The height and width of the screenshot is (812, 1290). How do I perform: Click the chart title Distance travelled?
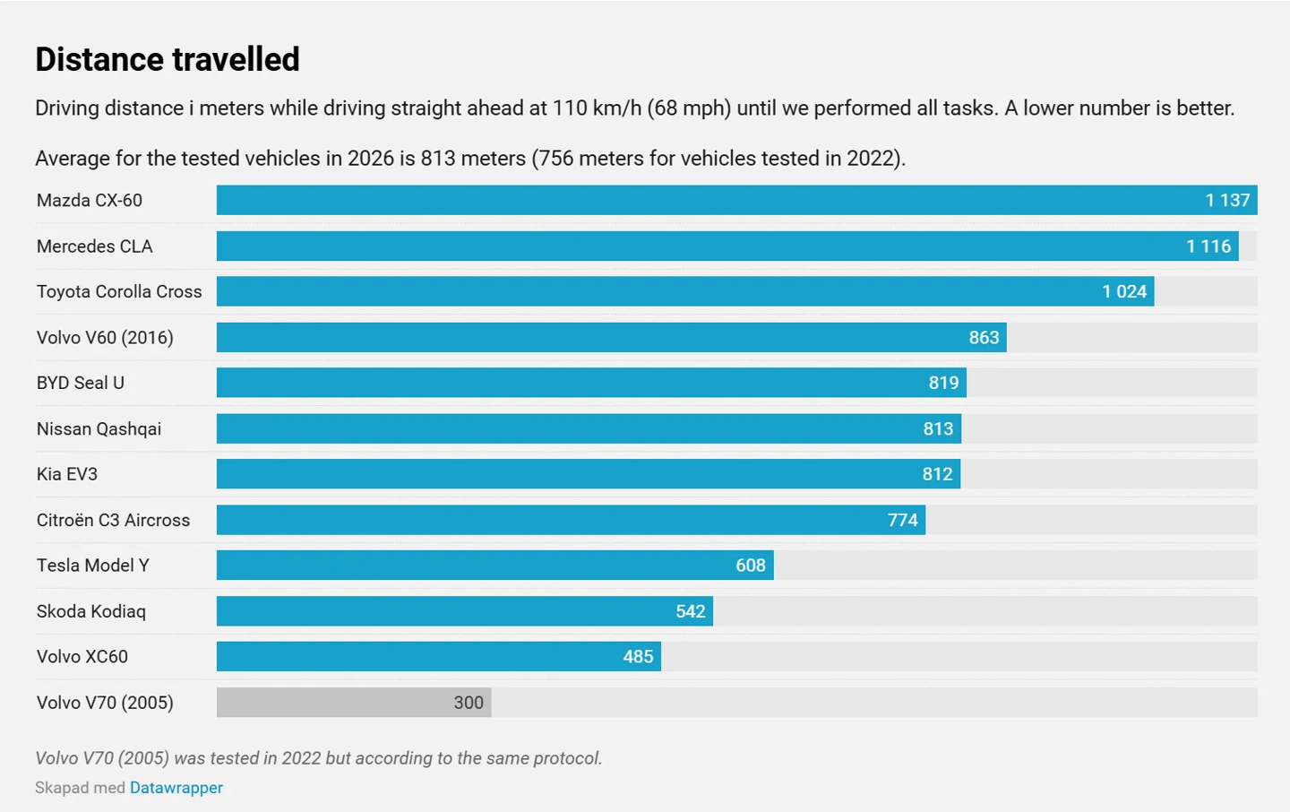click(168, 59)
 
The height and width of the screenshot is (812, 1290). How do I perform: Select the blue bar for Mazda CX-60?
click(737, 200)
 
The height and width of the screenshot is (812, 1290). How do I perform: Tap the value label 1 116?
click(1208, 246)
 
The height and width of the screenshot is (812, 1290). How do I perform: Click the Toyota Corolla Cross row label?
click(119, 291)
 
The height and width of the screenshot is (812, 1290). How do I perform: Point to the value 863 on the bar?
click(984, 337)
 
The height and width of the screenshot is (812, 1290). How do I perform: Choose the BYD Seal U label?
click(80, 383)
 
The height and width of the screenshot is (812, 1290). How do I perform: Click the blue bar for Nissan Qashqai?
click(589, 428)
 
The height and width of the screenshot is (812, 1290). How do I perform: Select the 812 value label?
click(937, 474)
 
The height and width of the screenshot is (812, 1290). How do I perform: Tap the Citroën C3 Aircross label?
click(113, 520)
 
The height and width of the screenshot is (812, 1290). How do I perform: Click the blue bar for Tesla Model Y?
click(495, 565)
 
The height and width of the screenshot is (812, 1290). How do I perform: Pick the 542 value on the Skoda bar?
click(691, 611)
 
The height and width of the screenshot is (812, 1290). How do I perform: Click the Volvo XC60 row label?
click(82, 656)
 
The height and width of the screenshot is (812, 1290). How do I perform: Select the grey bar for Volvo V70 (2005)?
click(354, 702)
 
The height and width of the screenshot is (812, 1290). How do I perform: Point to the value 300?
click(469, 703)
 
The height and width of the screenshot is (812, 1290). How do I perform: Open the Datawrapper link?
click(176, 787)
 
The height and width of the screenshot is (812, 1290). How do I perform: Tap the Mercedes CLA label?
click(94, 246)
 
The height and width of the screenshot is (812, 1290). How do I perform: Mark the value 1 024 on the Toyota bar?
click(1124, 291)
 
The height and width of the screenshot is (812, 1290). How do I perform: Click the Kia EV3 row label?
click(67, 474)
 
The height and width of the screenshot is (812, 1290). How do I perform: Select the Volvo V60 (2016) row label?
click(105, 337)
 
